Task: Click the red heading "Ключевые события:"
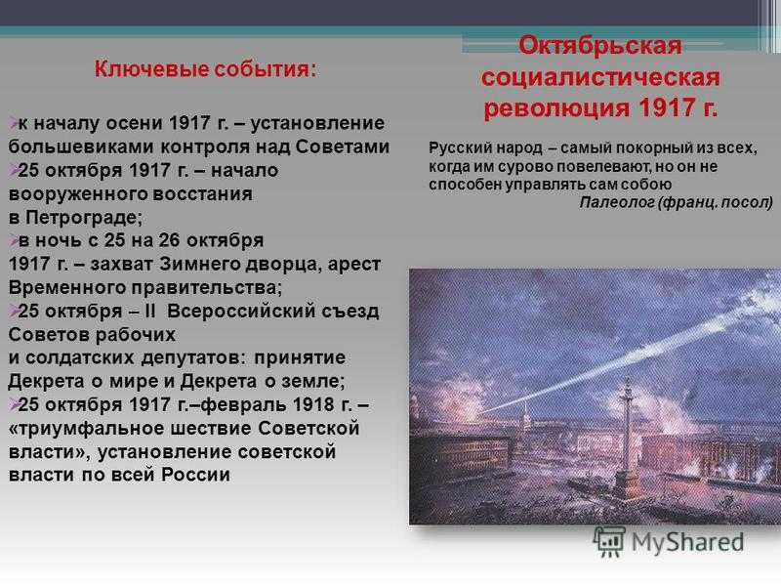point(205,69)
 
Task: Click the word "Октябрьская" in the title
point(600,45)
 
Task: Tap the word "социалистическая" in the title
point(600,77)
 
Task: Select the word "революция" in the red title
point(555,108)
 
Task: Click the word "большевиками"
point(82,146)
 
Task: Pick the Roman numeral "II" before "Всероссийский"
point(150,311)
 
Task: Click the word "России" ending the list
point(195,475)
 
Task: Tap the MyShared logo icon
point(608,542)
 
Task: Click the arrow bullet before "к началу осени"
point(13,123)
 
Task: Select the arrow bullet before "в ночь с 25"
point(13,240)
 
